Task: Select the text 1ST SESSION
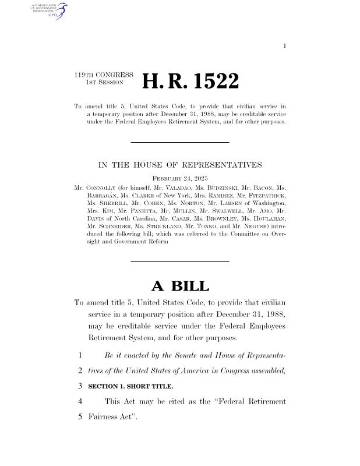(101, 83)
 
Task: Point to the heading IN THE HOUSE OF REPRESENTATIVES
(180, 165)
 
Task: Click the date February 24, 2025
(180, 178)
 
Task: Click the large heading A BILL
(180, 285)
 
